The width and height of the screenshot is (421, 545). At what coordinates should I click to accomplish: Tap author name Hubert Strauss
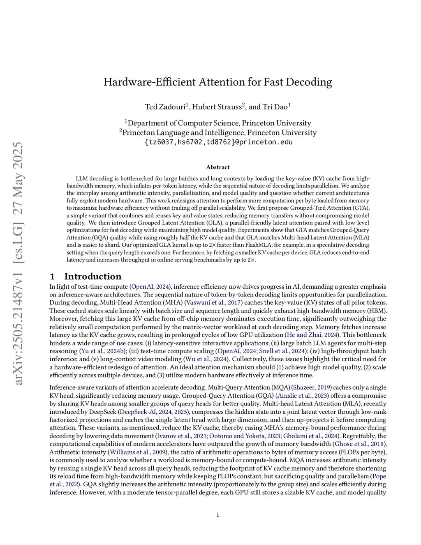[x=217, y=107]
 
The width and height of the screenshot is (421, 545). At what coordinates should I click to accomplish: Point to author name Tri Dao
[x=275, y=107]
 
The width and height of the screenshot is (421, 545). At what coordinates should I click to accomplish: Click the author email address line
[x=218, y=142]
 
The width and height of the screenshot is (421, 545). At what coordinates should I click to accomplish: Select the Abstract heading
[x=218, y=167]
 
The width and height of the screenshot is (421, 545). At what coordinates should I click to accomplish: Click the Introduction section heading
[x=93, y=276]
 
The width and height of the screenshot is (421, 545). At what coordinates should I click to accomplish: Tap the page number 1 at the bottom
[x=218, y=515]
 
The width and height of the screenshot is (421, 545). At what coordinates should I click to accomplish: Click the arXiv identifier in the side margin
[x=19, y=263]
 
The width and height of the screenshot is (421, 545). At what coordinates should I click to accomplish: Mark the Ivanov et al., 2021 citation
[x=181, y=436]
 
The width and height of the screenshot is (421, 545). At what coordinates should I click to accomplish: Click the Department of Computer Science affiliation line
[x=218, y=123]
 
